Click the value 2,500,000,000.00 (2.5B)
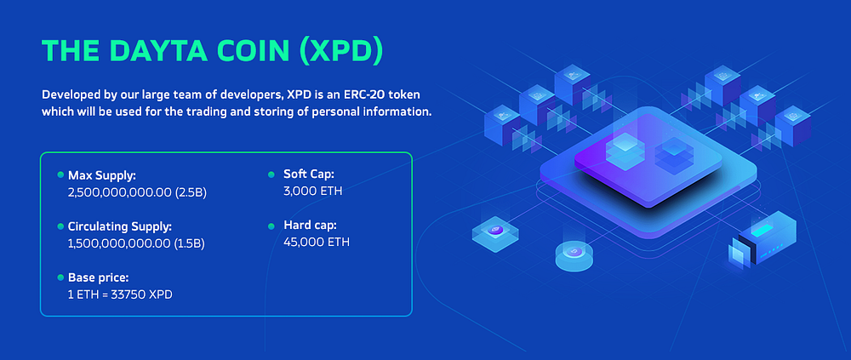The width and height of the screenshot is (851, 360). point(137,192)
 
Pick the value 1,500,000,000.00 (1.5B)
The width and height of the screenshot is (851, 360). point(136,243)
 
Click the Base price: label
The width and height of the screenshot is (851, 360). point(98,277)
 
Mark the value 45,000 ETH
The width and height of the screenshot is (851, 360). point(316,243)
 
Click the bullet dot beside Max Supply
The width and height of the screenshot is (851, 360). point(60,174)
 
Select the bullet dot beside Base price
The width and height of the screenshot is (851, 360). point(60,277)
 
